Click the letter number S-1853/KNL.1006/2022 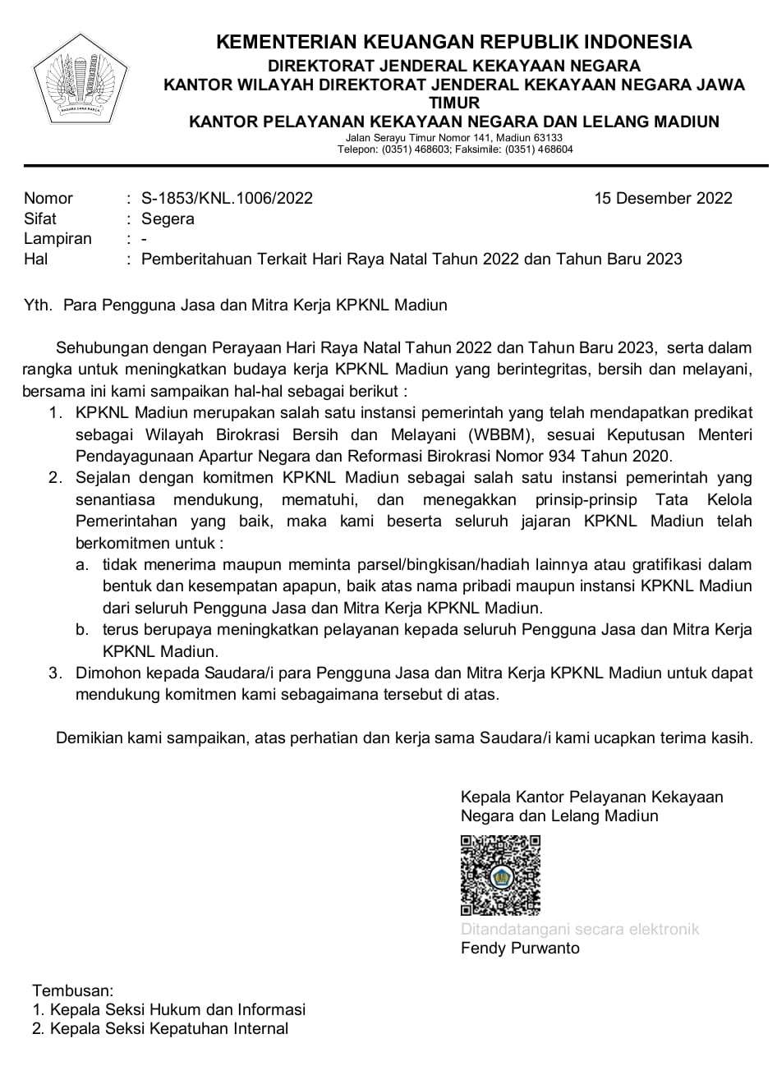tap(227, 198)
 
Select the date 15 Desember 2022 tap(663, 198)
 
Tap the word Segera tap(168, 218)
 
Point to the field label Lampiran tap(57, 239)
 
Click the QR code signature tap(500, 875)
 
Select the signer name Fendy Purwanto tap(520, 949)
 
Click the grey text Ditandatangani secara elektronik tap(580, 929)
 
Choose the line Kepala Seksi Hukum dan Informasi tap(177, 1009)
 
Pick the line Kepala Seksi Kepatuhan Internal tap(169, 1029)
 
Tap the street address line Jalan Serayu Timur tap(454, 138)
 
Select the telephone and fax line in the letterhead tap(454, 149)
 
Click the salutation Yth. tap(38, 306)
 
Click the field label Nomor tap(48, 198)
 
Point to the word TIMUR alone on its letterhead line tap(454, 103)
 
